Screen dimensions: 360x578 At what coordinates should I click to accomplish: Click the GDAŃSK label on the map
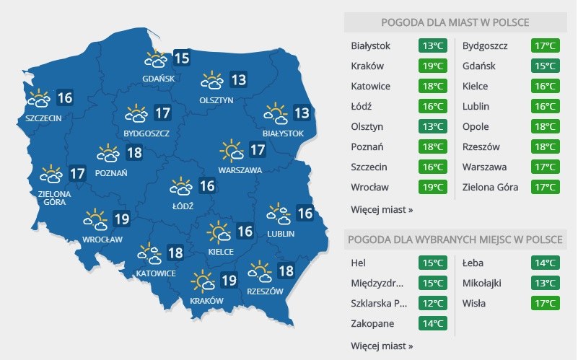(x=159, y=78)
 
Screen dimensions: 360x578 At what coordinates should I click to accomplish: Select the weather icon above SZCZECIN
(x=38, y=97)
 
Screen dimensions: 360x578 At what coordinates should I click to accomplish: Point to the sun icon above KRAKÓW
(x=203, y=280)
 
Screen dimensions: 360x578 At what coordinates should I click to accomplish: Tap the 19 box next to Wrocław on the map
(x=121, y=219)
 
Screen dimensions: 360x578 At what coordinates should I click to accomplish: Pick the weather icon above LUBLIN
(x=279, y=213)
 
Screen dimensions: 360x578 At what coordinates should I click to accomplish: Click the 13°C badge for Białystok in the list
(x=433, y=46)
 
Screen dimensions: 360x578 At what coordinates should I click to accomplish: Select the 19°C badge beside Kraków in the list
(x=433, y=66)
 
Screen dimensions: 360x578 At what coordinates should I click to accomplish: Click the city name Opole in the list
(x=476, y=127)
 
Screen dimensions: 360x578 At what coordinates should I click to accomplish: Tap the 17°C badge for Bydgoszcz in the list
(x=544, y=46)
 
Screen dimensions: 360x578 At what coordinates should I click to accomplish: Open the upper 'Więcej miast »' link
(x=382, y=210)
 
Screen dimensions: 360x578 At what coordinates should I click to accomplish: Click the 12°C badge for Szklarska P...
(x=433, y=303)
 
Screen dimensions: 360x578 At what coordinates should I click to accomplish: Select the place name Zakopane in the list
(x=373, y=323)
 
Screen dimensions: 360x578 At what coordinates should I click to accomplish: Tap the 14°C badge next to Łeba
(x=544, y=263)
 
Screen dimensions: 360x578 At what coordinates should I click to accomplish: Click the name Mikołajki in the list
(x=485, y=283)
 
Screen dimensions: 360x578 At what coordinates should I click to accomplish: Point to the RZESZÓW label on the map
(x=265, y=291)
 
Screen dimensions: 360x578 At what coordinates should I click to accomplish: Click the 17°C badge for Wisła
(x=544, y=303)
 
